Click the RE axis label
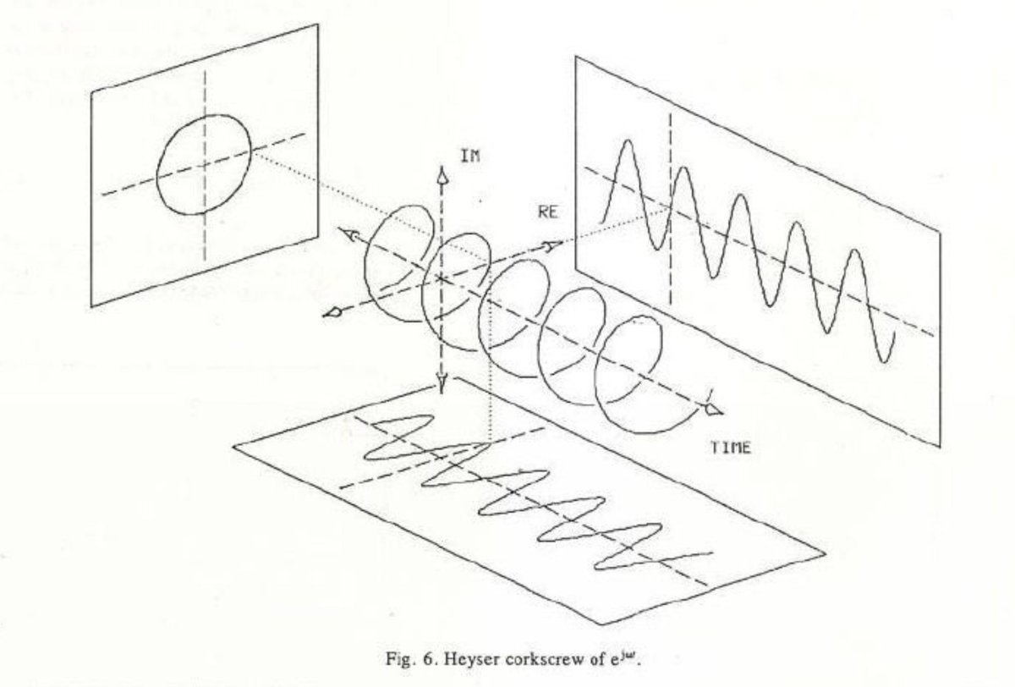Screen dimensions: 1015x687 point(547,213)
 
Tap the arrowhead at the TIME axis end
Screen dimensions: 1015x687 point(716,410)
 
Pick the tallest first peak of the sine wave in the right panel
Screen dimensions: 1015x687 point(626,144)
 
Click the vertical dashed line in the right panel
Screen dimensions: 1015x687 point(671,212)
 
